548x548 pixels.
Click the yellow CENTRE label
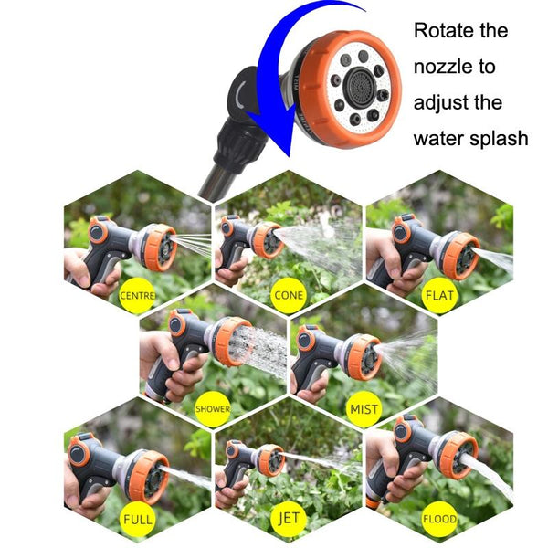[137, 295]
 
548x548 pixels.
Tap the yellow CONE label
[288, 295]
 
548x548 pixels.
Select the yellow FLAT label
[440, 295]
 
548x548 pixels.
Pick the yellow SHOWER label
[213, 408]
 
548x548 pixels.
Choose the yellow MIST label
[364, 408]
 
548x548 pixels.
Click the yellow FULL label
[137, 521]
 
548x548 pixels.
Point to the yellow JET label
[288, 521]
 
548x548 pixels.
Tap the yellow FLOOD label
[439, 521]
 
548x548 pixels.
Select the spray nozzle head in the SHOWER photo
[231, 342]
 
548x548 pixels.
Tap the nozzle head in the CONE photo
[268, 240]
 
